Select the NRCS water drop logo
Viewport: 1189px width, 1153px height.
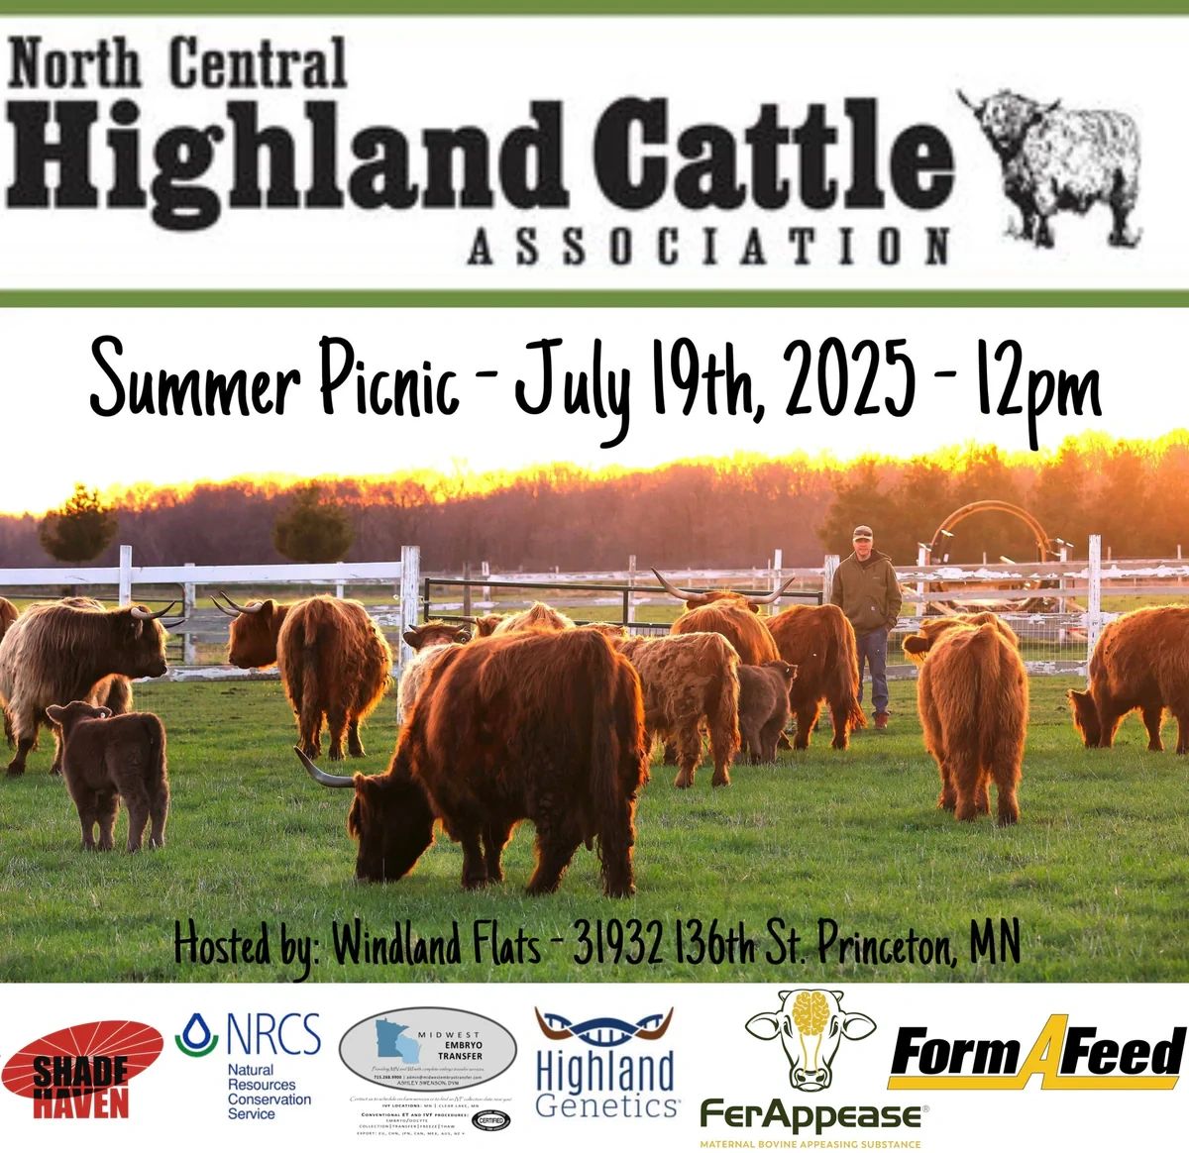point(185,1037)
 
